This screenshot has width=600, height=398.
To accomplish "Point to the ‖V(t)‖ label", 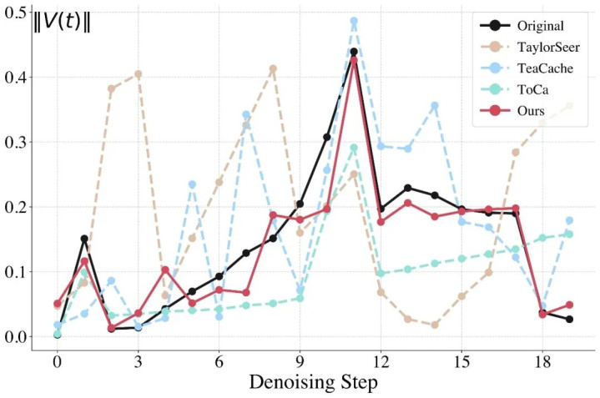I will point(61,23).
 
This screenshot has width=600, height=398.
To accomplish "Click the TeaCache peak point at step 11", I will point(354,21).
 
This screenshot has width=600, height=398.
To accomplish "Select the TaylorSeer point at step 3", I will point(138,74).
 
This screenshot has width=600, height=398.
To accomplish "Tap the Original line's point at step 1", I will point(84,239).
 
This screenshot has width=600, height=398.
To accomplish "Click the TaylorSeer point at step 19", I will point(569,106).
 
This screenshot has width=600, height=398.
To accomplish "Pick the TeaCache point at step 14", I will point(435,105).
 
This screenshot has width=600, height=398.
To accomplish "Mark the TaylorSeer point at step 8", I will point(273,68).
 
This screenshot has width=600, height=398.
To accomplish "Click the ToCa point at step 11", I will point(354,148).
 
